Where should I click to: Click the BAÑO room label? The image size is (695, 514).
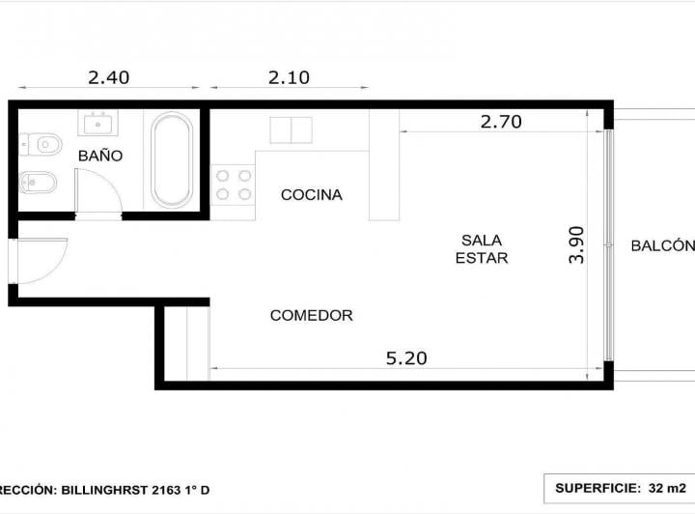[x=100, y=156]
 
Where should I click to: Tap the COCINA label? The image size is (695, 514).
[x=312, y=195]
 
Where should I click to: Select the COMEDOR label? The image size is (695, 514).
[x=312, y=315]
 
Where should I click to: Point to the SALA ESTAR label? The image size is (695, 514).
[x=482, y=249]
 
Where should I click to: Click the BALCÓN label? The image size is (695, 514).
[x=663, y=245]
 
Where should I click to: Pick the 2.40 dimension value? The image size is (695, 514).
[x=108, y=77]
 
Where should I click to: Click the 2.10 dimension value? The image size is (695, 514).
[x=289, y=77]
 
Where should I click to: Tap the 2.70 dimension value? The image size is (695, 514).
[x=501, y=122]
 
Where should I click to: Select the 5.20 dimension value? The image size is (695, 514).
[x=406, y=358]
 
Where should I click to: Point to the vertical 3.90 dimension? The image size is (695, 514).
[x=576, y=244]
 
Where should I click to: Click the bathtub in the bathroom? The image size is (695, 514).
[x=172, y=160]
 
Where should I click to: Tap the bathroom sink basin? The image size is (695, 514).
[x=97, y=123]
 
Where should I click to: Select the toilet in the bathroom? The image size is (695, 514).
[x=41, y=144]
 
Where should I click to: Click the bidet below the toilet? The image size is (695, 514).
[x=38, y=182]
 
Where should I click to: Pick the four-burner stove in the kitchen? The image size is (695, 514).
[x=234, y=185]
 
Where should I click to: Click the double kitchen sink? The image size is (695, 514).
[x=292, y=129]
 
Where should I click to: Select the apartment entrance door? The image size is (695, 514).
[x=40, y=261]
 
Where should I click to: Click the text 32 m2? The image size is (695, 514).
[x=667, y=488]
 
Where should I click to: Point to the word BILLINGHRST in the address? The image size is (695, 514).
[x=104, y=490]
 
